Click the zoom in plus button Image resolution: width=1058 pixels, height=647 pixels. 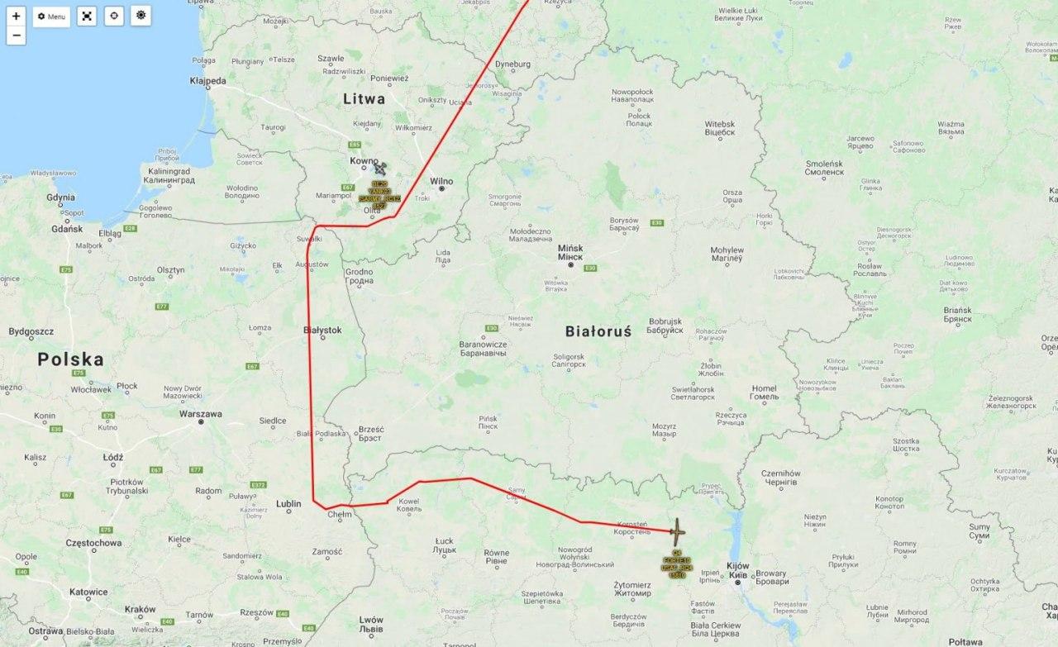coord(17,16)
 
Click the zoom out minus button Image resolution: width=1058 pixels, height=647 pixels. coord(17,36)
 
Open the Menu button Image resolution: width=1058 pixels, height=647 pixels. coord(51,16)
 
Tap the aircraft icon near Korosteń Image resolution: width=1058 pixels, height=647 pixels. coord(676,530)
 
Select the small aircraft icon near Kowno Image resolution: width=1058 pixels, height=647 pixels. coord(380,169)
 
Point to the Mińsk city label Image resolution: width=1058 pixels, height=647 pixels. coord(570,248)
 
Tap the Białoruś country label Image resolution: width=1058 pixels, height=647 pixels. coord(598,331)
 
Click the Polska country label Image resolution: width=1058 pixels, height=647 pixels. coord(70,359)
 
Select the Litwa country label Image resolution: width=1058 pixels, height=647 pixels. coord(364,98)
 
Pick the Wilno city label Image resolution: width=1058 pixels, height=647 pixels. coord(441,181)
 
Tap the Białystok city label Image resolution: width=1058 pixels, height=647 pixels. coord(322,330)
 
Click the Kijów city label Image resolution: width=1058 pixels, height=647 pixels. coord(737,566)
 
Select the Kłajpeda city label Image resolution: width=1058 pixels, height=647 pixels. coord(207,81)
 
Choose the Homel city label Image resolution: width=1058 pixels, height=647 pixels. coord(764,388)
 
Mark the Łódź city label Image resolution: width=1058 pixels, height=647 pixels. coord(112,457)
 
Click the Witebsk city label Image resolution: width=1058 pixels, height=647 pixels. coord(720,124)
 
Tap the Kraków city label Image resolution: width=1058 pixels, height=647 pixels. coord(140,609)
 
